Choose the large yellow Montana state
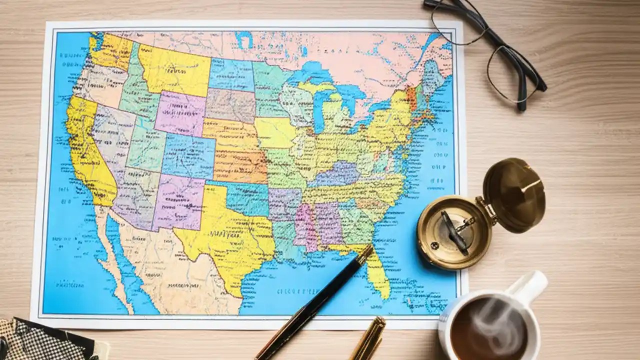(172, 70)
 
